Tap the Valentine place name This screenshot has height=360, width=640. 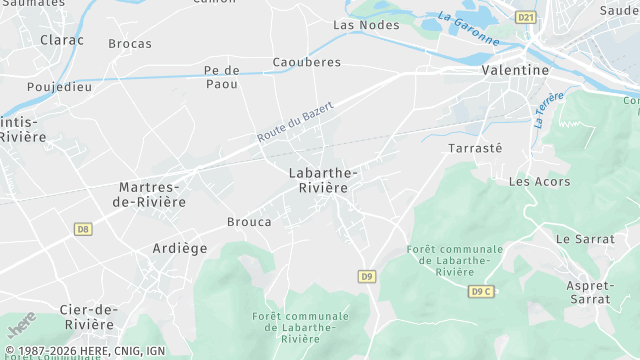(515, 70)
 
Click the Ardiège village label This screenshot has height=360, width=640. (180, 248)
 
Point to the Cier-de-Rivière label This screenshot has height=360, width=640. (88, 316)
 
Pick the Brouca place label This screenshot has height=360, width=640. (249, 222)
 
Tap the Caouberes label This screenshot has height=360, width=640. (307, 62)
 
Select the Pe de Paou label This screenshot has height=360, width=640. (221, 77)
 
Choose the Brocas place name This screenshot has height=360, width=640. (130, 43)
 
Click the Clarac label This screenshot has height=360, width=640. (62, 40)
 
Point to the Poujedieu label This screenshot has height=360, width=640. (60, 86)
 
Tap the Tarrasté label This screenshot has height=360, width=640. (475, 147)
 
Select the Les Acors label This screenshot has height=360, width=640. (539, 182)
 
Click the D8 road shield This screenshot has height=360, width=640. (82, 229)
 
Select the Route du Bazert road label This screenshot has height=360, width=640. (294, 121)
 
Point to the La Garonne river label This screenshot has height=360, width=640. (468, 28)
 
